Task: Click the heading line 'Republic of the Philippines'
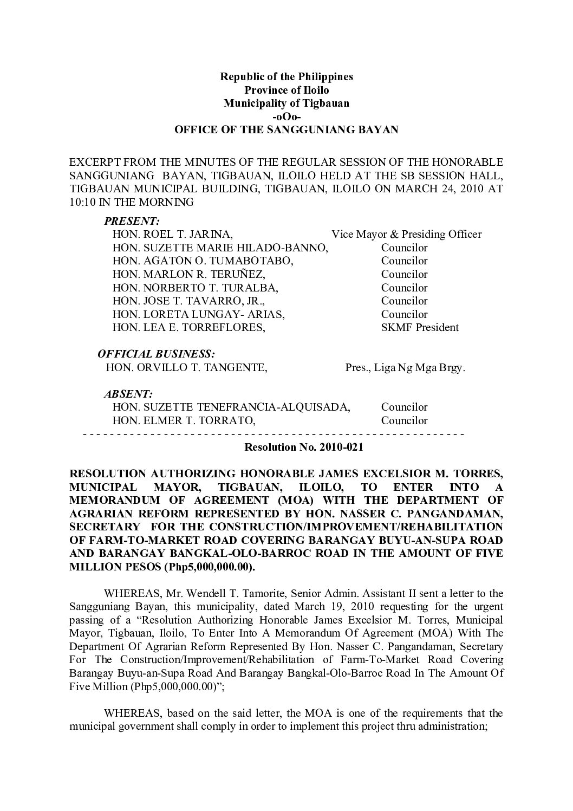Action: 286,76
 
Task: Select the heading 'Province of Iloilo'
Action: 286,89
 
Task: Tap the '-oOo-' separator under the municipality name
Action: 286,116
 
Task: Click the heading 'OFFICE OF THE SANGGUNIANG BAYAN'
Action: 286,130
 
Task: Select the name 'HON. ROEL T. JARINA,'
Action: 173,234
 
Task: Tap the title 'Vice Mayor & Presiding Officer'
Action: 406,234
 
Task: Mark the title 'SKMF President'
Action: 420,327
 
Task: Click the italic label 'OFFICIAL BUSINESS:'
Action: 156,354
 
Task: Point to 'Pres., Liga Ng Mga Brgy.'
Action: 405,368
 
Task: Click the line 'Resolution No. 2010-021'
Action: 304,448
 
